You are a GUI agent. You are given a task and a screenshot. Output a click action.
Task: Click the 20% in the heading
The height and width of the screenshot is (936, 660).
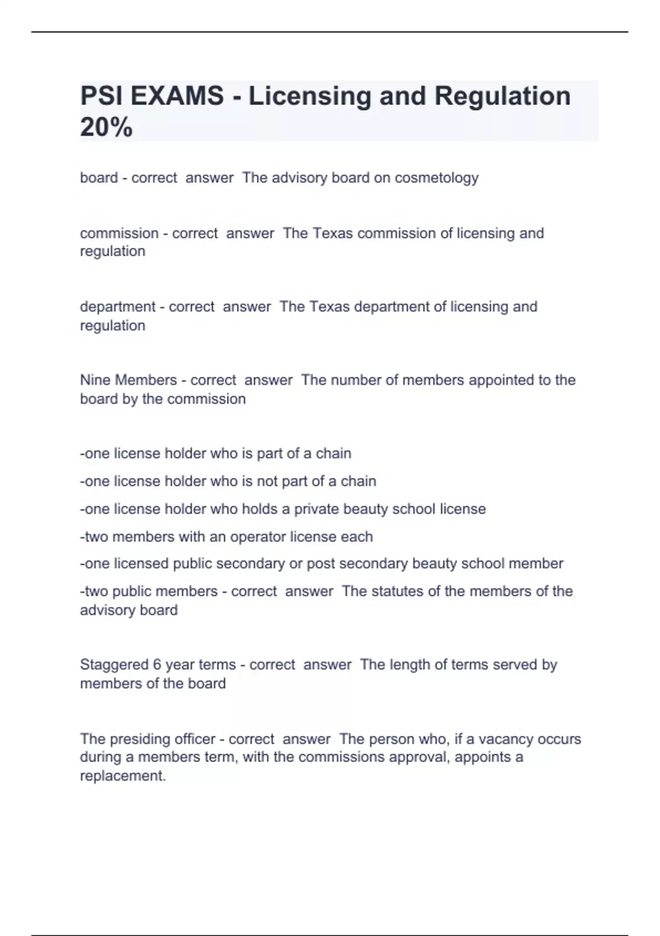pos(106,128)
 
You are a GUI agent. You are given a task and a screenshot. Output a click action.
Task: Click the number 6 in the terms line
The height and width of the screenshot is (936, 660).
pos(157,665)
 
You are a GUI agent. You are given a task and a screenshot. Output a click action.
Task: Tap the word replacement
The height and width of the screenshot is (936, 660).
pos(122,776)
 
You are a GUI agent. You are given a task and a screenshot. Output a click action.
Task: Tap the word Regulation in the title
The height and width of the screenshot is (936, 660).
pos(502,96)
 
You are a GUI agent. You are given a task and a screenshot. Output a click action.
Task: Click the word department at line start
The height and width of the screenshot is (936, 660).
pos(118,307)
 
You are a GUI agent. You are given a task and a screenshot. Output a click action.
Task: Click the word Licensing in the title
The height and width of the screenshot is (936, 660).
pos(310,96)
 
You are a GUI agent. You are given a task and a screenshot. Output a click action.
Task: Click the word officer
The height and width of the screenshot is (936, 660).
pos(194,739)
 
